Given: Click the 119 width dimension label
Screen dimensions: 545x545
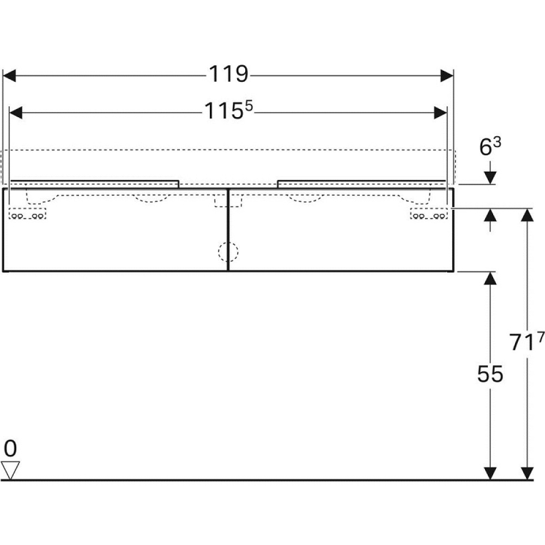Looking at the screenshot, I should tap(228, 75).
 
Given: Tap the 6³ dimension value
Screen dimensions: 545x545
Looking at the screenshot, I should tap(489, 147).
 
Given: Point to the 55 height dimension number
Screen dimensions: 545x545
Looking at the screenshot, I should tap(490, 374).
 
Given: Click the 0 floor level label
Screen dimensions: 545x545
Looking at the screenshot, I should tap(10, 449).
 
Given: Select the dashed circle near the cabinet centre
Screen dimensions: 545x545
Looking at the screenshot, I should tap(228, 252).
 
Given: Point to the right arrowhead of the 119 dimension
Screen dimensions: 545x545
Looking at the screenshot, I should tap(446, 75).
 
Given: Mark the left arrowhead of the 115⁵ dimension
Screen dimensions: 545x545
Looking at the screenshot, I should tap(17, 112).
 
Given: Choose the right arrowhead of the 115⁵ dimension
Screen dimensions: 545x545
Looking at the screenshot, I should tap(440, 112).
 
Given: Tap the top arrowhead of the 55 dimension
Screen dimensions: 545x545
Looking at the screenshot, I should tap(490, 278).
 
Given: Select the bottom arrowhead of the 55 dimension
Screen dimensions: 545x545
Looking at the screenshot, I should tap(490, 474).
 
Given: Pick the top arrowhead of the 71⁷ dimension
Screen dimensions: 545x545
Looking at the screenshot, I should tap(526, 215).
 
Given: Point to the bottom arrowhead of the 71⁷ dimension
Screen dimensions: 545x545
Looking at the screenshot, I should tap(526, 474).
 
